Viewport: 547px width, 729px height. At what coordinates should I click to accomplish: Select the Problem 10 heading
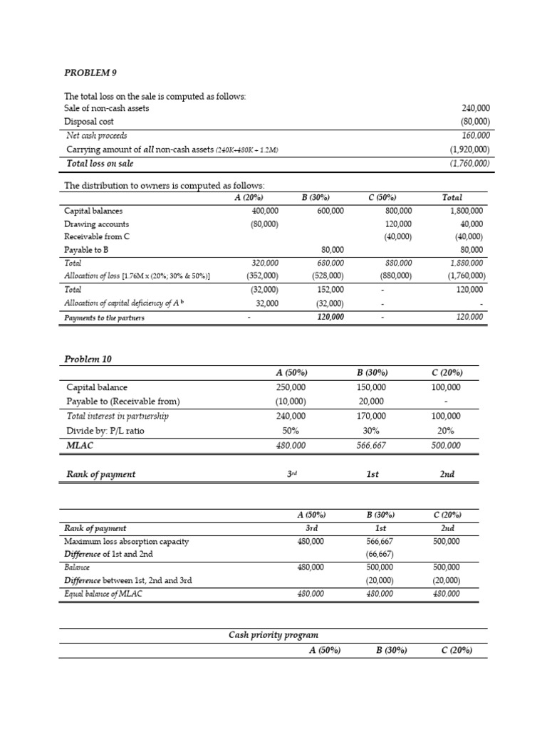point(88,359)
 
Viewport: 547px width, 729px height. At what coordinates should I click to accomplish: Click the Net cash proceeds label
point(97,135)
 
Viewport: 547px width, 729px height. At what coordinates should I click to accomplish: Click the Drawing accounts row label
point(97,224)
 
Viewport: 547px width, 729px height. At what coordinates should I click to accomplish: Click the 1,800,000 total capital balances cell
point(467,211)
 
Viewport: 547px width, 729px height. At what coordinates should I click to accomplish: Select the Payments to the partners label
point(104,318)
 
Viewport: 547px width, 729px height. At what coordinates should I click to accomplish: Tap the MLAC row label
point(79,445)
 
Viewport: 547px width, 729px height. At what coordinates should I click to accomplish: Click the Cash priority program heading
point(273,634)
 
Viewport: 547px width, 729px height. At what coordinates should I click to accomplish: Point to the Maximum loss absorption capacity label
point(126,542)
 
